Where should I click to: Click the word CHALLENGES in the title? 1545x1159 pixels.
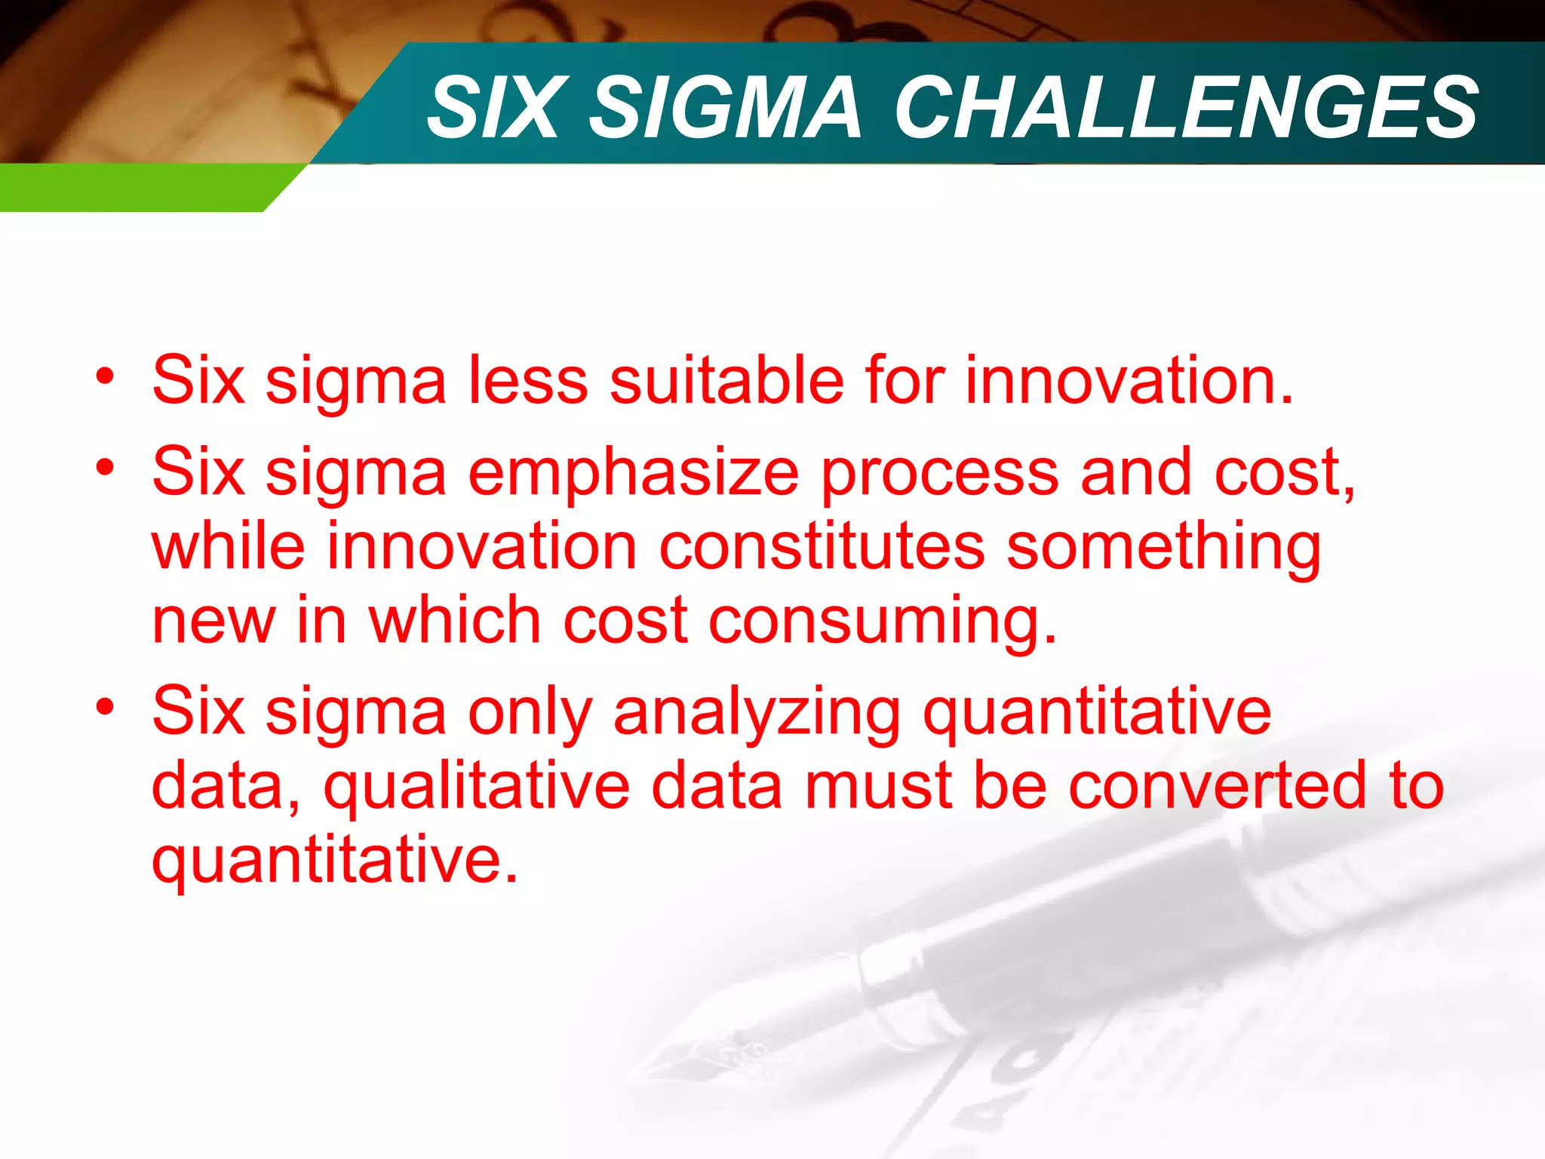click(x=1186, y=108)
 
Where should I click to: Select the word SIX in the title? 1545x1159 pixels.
click(x=495, y=108)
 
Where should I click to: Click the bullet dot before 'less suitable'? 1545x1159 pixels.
click(x=105, y=375)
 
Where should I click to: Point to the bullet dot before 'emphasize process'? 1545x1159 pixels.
click(x=105, y=467)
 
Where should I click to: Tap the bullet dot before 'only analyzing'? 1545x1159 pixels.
click(x=105, y=707)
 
